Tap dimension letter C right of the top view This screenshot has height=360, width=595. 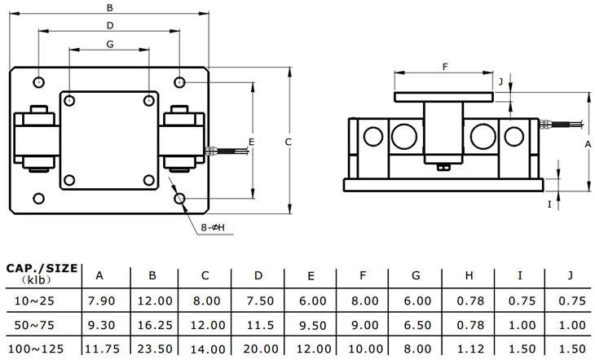289,142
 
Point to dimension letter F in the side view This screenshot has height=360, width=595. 445,67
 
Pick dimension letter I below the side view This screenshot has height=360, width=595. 550,204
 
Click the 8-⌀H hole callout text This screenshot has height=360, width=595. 213,227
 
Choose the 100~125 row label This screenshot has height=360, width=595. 37,348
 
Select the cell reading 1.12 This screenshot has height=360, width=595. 468,348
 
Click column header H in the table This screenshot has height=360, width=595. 468,274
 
